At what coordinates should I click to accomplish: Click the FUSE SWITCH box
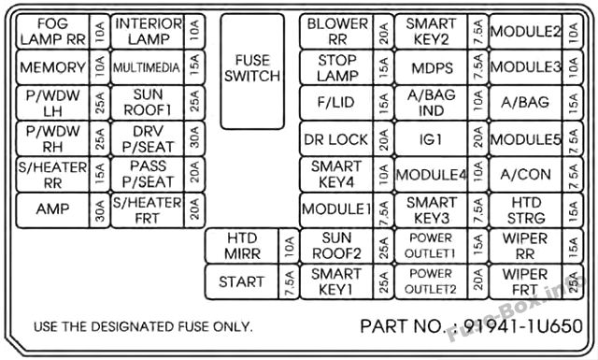(252, 72)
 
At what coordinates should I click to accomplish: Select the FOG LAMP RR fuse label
(52, 32)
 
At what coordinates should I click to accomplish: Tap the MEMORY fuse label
(52, 67)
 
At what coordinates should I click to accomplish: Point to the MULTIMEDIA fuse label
(147, 67)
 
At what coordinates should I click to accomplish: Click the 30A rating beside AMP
(100, 210)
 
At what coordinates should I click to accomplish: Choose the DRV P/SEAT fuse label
(148, 139)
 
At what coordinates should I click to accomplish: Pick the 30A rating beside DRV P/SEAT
(194, 138)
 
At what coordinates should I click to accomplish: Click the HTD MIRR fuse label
(242, 246)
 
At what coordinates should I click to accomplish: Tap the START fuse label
(241, 281)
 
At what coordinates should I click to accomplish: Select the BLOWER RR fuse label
(337, 32)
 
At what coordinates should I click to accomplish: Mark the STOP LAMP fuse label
(337, 67)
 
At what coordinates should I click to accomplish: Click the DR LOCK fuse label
(336, 139)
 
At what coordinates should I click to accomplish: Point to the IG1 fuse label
(431, 139)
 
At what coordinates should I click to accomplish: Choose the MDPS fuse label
(432, 68)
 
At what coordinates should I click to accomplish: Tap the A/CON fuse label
(525, 175)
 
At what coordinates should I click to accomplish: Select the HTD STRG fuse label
(526, 210)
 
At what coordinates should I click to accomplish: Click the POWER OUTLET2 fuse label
(430, 281)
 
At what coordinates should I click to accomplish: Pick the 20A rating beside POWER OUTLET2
(478, 282)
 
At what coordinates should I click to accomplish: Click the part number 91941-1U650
(523, 326)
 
